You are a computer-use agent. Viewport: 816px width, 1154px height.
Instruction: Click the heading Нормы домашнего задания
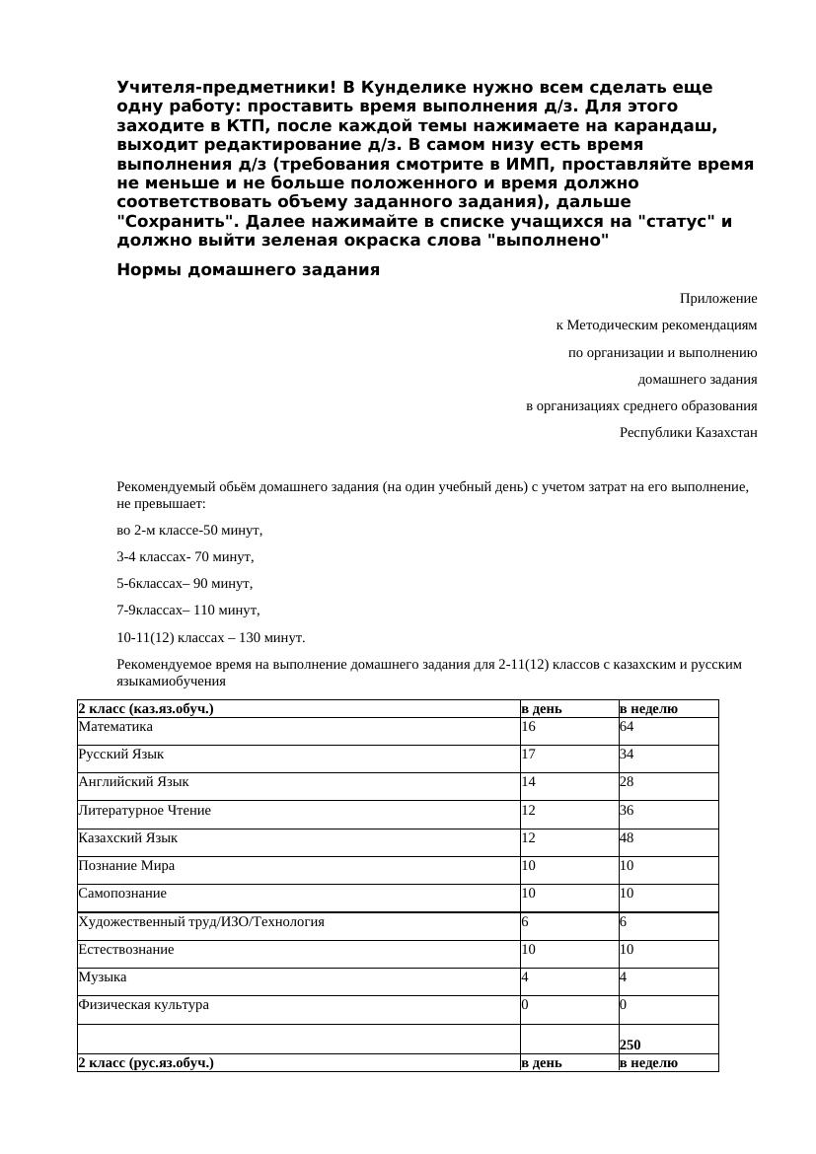(248, 270)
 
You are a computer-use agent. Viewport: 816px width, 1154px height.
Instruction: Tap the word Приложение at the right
(717, 298)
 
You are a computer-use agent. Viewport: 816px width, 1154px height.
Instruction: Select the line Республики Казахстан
(688, 432)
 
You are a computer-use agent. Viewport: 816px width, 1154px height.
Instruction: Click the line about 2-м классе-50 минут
(189, 531)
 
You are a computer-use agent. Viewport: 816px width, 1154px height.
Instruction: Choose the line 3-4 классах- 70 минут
(185, 556)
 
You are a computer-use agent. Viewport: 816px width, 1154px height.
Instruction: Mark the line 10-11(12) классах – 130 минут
(210, 637)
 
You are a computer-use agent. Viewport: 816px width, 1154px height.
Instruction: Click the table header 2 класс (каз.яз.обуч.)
(146, 708)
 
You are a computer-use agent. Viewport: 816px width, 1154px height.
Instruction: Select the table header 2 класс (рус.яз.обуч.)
(146, 1062)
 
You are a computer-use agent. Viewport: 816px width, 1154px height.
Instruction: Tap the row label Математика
(115, 726)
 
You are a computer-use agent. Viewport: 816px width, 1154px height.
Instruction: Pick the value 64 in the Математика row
(627, 726)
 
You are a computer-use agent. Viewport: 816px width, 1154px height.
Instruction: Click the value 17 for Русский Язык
(528, 754)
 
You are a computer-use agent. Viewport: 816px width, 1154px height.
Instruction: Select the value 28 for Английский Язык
(627, 781)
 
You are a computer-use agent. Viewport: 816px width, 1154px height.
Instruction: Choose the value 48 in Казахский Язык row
(627, 837)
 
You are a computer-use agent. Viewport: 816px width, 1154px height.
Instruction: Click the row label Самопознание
(122, 893)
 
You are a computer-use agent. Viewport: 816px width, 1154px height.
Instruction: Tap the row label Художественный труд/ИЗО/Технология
(201, 921)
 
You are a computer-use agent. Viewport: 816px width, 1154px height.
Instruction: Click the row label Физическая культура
(143, 1004)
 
